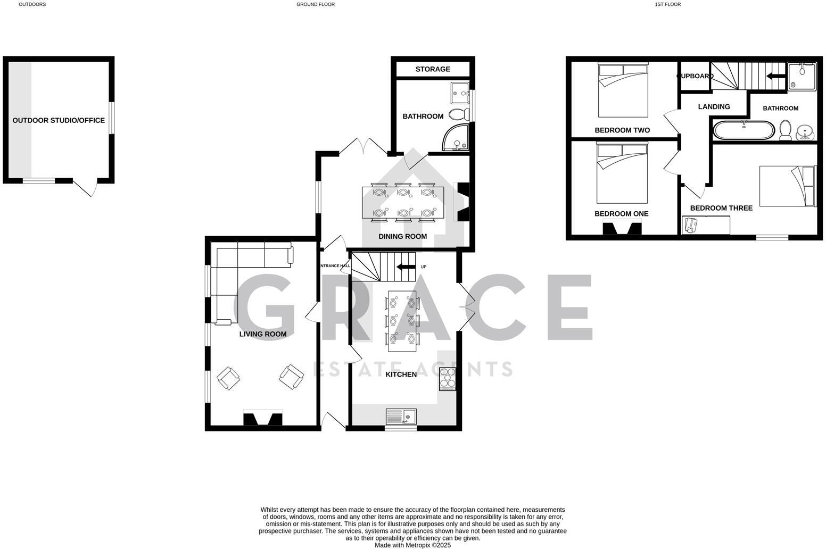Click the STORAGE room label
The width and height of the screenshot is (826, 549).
tap(433, 69)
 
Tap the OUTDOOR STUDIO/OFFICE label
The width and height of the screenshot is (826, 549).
tap(59, 120)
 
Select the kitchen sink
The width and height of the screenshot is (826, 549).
tap(401, 416)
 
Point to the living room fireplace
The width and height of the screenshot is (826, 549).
tap(262, 418)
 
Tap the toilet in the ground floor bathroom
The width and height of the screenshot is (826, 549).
tap(458, 114)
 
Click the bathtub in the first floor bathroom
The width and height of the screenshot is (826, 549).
tap(744, 130)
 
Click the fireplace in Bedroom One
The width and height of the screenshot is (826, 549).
tap(622, 228)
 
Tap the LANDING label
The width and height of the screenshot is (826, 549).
tap(714, 106)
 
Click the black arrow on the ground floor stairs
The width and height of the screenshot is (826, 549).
tap(406, 267)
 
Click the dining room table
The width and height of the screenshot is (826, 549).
tap(403, 202)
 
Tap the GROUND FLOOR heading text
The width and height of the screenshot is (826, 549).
tap(316, 4)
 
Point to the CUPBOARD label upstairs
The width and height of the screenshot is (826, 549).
tap(695, 76)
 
